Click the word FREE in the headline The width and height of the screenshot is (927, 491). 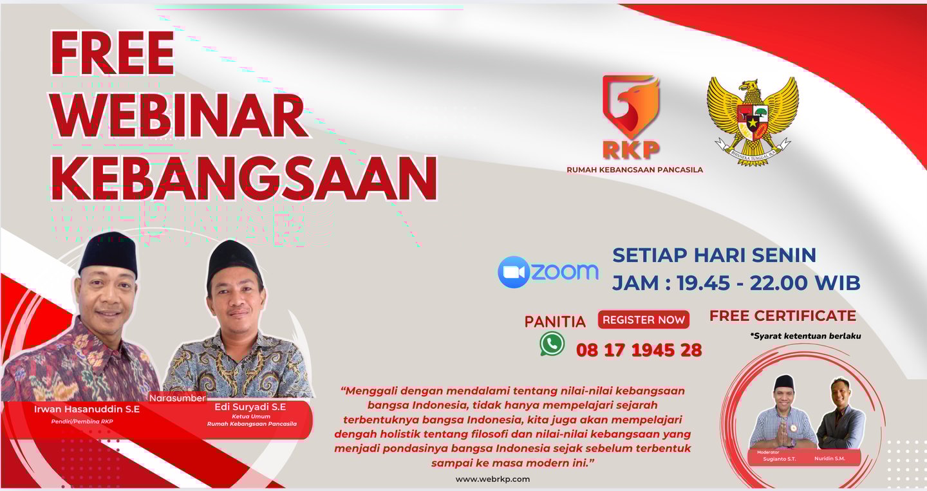pyautogui.click(x=113, y=53)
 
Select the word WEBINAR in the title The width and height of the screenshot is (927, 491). pyautogui.click(x=180, y=115)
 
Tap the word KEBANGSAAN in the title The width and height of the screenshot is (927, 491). pyautogui.click(x=245, y=177)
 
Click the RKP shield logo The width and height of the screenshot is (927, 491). pyautogui.click(x=631, y=116)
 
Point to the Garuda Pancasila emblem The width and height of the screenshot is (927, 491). pyautogui.click(x=753, y=121)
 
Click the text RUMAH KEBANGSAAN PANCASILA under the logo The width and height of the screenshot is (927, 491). pyautogui.click(x=634, y=170)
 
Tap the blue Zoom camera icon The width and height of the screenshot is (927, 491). pyautogui.click(x=514, y=272)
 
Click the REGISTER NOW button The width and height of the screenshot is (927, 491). pyautogui.click(x=643, y=320)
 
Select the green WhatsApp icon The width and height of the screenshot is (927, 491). pyautogui.click(x=552, y=344)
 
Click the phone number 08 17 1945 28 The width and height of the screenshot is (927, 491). pyautogui.click(x=639, y=350)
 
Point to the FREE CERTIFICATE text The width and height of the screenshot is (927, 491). pyautogui.click(x=783, y=316)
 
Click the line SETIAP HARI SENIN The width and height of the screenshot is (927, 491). pyautogui.click(x=714, y=255)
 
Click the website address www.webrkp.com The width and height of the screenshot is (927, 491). pyautogui.click(x=492, y=479)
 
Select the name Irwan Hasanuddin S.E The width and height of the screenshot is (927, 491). pyautogui.click(x=86, y=409)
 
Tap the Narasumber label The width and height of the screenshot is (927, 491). pyautogui.click(x=177, y=398)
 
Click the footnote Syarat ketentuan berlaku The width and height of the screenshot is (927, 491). pyautogui.click(x=805, y=335)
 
